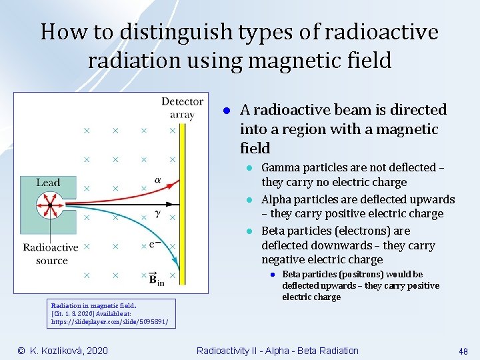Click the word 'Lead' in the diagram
point(48,183)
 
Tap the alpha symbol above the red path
point(157,179)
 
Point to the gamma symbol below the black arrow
point(157,214)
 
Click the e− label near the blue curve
point(153,245)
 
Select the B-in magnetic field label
point(156,278)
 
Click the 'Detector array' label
point(181,108)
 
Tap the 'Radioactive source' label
point(51,253)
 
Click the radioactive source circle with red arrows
point(48,203)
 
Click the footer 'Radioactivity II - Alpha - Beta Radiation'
point(277,351)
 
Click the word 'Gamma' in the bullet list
point(281,167)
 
